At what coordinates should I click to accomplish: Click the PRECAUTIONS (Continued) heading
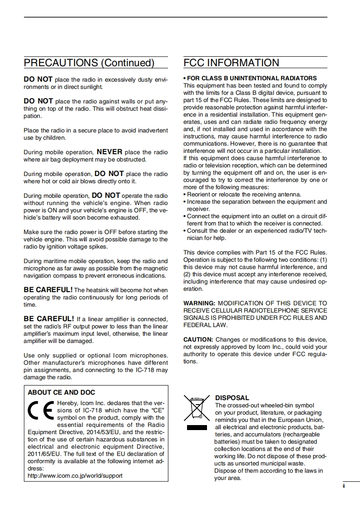tap(89, 63)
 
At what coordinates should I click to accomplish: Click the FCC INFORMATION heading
tap(231, 63)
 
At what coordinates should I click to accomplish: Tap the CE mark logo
tap(40, 411)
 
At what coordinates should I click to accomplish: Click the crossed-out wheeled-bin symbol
tap(197, 407)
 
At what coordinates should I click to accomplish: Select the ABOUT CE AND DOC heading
tap(61, 392)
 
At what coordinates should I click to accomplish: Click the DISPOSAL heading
tap(232, 398)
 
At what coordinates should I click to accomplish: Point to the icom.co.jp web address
tap(75, 476)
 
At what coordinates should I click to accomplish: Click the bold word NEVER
tap(109, 152)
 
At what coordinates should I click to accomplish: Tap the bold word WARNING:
tap(199, 303)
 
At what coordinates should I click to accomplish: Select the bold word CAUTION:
tap(198, 339)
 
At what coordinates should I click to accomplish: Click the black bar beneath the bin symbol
tap(197, 427)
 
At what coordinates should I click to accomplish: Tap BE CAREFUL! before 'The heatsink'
tap(48, 289)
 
